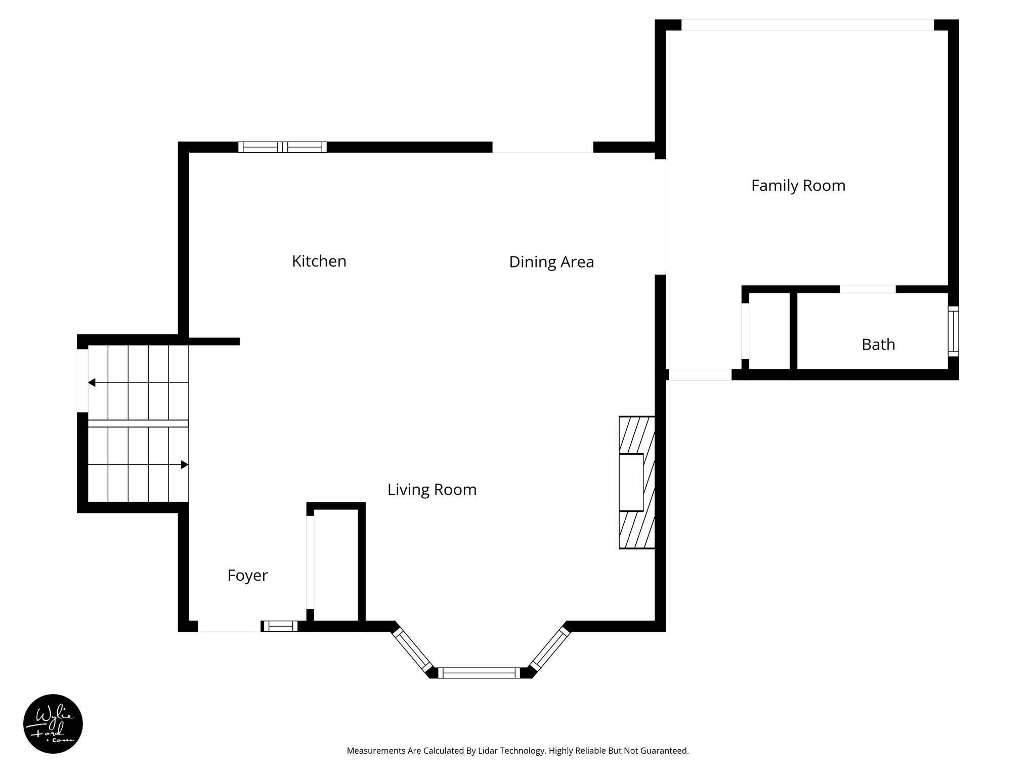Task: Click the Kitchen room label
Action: (319, 261)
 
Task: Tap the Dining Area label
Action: (551, 262)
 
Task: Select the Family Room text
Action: (798, 186)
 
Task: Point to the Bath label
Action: (878, 344)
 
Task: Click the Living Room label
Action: (431, 490)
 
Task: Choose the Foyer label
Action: (247, 576)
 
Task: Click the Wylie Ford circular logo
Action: (53, 724)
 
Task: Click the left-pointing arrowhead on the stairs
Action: (92, 382)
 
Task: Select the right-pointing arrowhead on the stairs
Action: (185, 464)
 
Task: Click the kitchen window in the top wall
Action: (282, 147)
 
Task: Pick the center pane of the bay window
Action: (479, 673)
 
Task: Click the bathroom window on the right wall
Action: (953, 331)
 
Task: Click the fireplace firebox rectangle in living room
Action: (631, 482)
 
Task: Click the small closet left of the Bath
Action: (769, 331)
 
